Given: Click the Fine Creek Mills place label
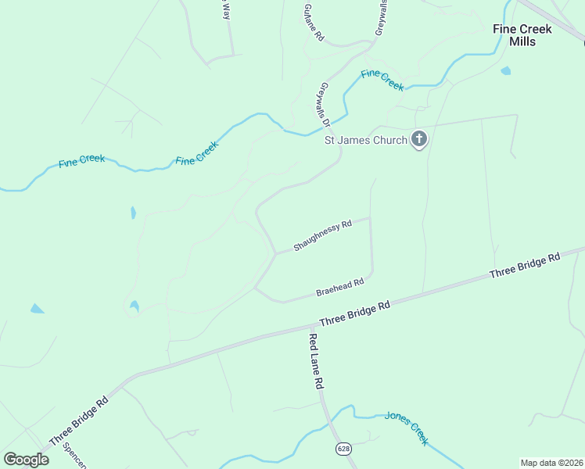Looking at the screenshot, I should coord(522,35).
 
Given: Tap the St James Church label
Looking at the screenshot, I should coord(366,141).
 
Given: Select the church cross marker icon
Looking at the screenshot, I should coord(419,140).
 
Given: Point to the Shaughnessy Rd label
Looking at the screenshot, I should coord(322,235).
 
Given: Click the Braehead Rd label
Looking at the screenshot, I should coord(340,288).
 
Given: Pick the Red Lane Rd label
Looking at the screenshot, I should coord(315,362).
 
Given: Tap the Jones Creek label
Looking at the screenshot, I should coord(407,428).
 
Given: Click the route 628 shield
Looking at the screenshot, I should coord(343,448).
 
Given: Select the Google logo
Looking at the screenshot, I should coord(26,460).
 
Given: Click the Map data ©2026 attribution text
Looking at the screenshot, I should coord(551,463).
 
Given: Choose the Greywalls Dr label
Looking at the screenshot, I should coord(326,104).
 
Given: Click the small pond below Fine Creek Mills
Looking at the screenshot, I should coord(506,71).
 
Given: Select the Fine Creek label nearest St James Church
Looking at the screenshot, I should coord(382,80).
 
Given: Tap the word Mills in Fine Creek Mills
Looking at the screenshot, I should coord(522,41).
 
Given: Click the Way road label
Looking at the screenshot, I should coord(225,9).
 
